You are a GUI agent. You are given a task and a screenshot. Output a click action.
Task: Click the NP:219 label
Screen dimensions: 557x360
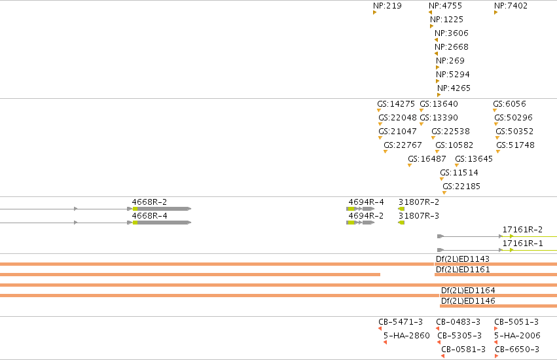pos(387,6)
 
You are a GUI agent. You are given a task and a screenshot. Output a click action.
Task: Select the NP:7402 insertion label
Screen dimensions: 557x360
pos(511,6)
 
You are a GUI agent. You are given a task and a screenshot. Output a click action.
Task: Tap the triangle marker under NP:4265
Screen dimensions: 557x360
pos(439,95)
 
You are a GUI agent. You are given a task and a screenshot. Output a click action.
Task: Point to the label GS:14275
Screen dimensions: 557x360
pos(396,104)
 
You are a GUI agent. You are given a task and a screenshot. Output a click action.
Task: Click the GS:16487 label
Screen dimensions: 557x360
pos(427,159)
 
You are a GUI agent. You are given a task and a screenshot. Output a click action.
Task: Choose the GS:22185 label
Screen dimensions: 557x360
pos(461,187)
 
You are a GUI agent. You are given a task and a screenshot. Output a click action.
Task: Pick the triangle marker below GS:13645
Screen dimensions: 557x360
pos(457,165)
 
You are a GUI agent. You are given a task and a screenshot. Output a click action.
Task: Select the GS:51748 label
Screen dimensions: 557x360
pos(516,145)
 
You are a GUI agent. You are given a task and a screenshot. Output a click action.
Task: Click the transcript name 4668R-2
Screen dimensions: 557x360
pos(149,202)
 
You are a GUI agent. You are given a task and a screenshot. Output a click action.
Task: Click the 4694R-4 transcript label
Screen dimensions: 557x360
pos(367,202)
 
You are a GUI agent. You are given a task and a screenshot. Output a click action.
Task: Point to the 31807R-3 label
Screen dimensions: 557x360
pos(419,216)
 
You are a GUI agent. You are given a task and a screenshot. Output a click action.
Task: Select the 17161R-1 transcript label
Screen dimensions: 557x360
pos(522,243)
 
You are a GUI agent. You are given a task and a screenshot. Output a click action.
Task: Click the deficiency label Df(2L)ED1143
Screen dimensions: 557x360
pos(463,259)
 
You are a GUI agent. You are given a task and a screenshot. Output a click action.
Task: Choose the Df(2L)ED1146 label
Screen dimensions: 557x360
pos(468,300)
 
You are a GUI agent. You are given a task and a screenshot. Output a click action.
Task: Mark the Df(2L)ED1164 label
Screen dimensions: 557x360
pos(468,291)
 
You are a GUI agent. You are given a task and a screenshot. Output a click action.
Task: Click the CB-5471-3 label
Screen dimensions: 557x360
pos(401,321)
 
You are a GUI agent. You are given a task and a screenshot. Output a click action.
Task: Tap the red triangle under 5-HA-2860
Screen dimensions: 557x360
pos(385,342)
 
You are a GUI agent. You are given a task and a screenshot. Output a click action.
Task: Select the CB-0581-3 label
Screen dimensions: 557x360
pos(463,350)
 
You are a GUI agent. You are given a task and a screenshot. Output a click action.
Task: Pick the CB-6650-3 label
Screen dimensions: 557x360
pos(517,350)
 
